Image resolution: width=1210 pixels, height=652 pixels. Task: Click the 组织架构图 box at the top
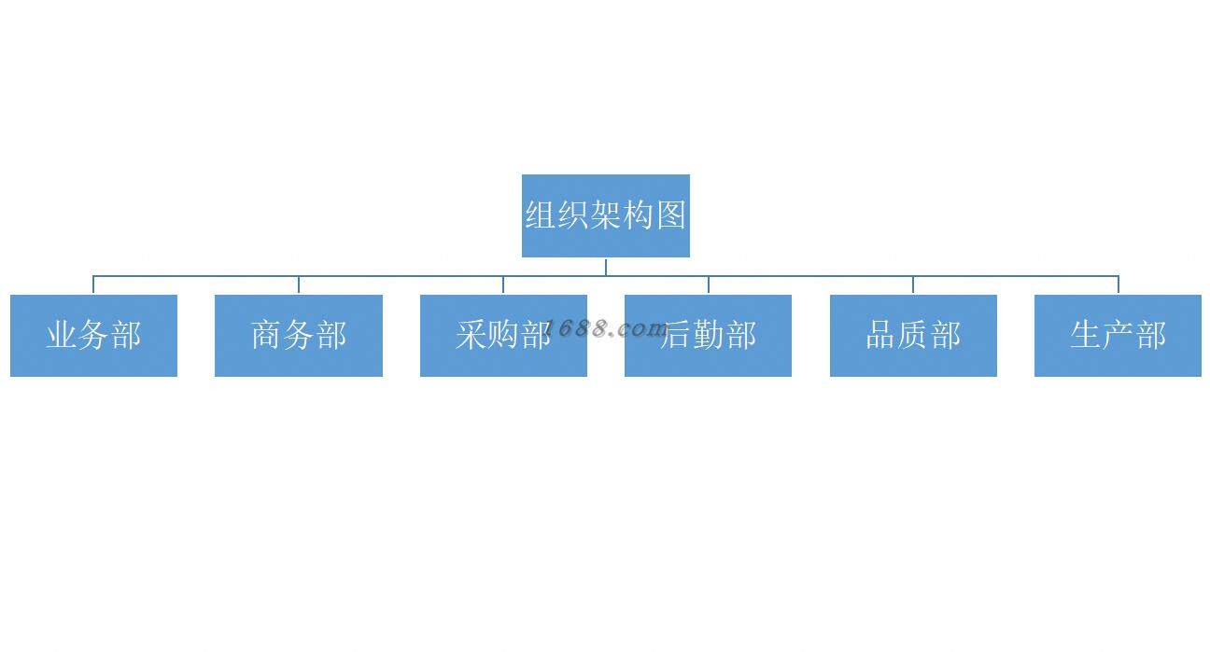605,215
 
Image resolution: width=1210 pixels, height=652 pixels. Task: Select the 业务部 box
93,336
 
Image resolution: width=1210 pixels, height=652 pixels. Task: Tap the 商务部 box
299,336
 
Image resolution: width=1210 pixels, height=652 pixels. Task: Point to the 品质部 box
913,336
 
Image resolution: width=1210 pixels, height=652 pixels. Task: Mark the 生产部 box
1118,336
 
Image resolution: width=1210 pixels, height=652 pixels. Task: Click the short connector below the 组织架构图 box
605,266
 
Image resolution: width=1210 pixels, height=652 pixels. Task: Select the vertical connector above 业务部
93,284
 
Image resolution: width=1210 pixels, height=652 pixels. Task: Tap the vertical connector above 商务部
299,284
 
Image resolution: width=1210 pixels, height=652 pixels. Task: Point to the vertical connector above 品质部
913,284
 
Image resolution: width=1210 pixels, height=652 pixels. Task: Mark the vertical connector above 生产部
1118,284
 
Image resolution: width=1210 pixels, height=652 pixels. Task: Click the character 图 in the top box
670,215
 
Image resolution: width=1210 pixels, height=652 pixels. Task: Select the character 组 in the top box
541,215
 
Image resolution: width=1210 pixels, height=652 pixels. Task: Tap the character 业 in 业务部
62,335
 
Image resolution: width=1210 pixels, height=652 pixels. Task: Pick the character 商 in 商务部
267,335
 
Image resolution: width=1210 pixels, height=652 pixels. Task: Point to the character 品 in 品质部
881,335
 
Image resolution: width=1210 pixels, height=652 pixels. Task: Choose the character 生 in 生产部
1086,335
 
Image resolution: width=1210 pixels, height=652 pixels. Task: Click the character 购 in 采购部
504,335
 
